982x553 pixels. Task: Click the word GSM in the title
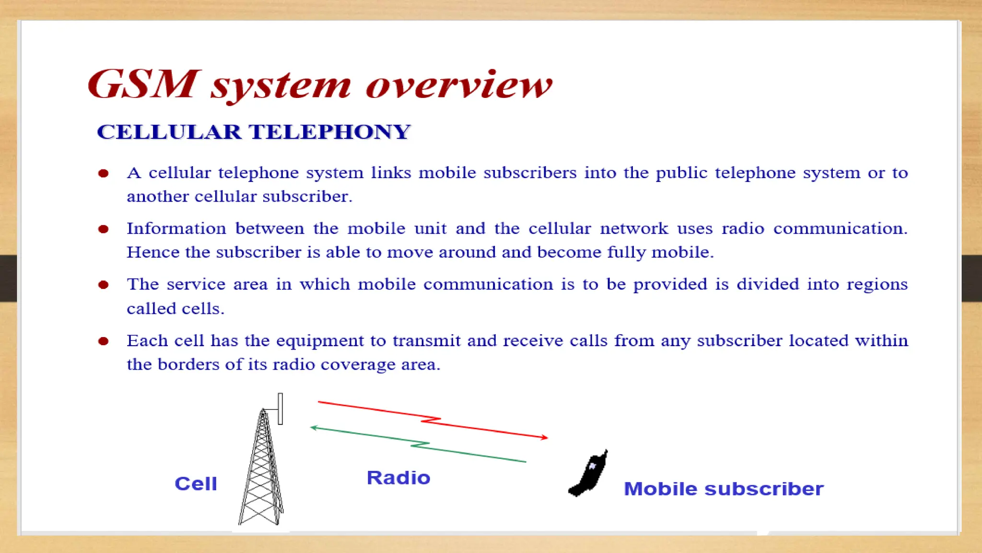[x=142, y=84]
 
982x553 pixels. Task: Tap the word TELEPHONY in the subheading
[x=329, y=132]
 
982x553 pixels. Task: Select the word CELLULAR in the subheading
[x=169, y=132]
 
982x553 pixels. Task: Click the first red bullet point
[x=103, y=173]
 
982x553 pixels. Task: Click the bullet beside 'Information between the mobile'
[x=103, y=229]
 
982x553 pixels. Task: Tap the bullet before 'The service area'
[x=103, y=285]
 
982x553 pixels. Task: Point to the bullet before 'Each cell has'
[x=103, y=341]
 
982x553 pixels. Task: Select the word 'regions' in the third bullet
[x=877, y=285]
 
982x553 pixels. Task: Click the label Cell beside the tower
[x=196, y=483]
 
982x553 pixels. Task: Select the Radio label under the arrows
[x=398, y=478]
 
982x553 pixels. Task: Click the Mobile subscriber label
[x=724, y=489]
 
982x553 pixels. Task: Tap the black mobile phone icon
[x=589, y=473]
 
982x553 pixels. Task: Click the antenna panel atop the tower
[x=281, y=409]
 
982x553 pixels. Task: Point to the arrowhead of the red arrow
[x=545, y=437]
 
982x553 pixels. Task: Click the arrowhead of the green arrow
[x=314, y=427]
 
